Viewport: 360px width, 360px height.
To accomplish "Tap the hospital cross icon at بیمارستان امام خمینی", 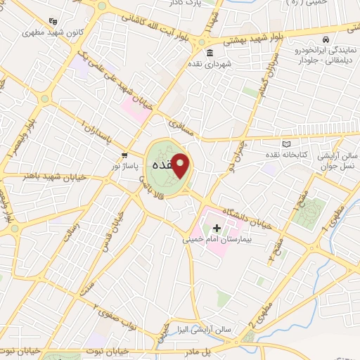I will pos(217,228).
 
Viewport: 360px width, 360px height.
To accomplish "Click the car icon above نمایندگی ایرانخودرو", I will pos(327,41).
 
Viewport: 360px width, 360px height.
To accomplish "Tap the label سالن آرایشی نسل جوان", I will pos(335,158).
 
